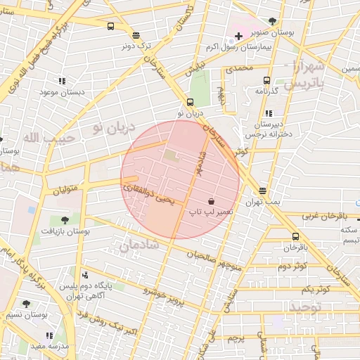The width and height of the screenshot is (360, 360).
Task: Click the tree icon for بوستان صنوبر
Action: pyautogui.click(x=272, y=21)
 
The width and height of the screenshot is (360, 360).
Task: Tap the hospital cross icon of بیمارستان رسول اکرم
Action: pyautogui.click(x=239, y=36)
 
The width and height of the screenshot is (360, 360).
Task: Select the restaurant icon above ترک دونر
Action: pyautogui.click(x=136, y=34)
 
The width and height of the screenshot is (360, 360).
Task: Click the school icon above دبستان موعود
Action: pyautogui.click(x=62, y=82)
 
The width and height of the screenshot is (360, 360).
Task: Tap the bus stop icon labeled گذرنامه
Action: pyautogui.click(x=266, y=81)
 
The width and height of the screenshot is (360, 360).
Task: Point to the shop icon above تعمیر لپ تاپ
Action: pyautogui.click(x=211, y=201)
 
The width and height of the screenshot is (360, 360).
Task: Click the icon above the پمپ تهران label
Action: pyautogui.click(x=262, y=191)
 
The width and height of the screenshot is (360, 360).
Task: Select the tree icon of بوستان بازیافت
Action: pyautogui.click(x=65, y=220)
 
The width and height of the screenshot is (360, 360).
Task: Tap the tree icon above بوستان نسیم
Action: pyautogui.click(x=26, y=304)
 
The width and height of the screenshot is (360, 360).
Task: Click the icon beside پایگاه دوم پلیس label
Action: pyautogui.click(x=85, y=274)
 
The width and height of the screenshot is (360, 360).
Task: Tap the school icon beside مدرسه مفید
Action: pyautogui.click(x=49, y=335)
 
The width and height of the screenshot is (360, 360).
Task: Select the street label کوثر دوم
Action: pyautogui.click(x=292, y=266)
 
